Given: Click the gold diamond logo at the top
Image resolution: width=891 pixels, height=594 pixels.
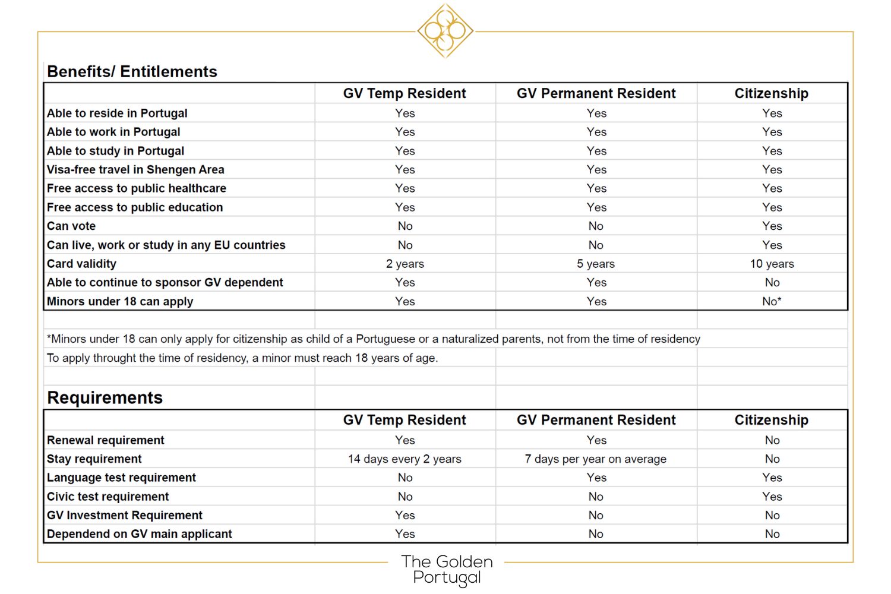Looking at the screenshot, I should pyautogui.click(x=445, y=30).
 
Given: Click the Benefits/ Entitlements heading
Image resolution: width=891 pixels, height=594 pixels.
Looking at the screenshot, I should pyautogui.click(x=132, y=72).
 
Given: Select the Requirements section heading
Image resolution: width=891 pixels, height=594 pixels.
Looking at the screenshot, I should pyautogui.click(x=105, y=397).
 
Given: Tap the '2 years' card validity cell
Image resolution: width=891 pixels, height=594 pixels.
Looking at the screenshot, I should pyautogui.click(x=405, y=264).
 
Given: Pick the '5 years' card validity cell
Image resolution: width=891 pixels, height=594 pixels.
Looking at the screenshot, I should pyautogui.click(x=596, y=264).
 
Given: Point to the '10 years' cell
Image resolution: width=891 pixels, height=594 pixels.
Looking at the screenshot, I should pyautogui.click(x=772, y=264).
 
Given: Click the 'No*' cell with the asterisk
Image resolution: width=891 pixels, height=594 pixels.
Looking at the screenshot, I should pyautogui.click(x=772, y=301).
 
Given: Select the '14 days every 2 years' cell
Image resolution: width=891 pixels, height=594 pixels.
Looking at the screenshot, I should pyautogui.click(x=405, y=459).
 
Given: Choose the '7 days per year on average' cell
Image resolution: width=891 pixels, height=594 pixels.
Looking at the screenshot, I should pyautogui.click(x=596, y=459).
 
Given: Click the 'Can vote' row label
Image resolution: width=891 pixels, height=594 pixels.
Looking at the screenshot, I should pyautogui.click(x=71, y=226).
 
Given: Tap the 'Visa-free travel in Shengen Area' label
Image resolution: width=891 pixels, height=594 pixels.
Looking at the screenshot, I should pyautogui.click(x=135, y=169).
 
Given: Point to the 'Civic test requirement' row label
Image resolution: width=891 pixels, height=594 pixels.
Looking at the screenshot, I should pyautogui.click(x=108, y=497).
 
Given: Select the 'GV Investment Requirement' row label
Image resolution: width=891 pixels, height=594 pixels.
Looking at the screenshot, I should pyautogui.click(x=125, y=515).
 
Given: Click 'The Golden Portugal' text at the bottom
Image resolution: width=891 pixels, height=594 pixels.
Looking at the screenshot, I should pyautogui.click(x=447, y=569).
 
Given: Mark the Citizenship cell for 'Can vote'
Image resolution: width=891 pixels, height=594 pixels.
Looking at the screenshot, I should pyautogui.click(x=772, y=226).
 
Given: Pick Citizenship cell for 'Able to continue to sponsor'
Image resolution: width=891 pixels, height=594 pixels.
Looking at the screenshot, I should pyautogui.click(x=772, y=282).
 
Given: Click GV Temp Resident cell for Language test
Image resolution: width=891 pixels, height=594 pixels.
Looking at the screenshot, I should pyautogui.click(x=405, y=478).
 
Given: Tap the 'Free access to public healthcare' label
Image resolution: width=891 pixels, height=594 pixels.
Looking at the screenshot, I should pyautogui.click(x=137, y=188).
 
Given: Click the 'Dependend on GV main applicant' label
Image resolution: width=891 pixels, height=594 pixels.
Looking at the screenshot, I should pyautogui.click(x=140, y=534).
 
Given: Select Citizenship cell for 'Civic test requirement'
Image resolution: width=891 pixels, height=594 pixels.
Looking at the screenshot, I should pyautogui.click(x=772, y=497).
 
